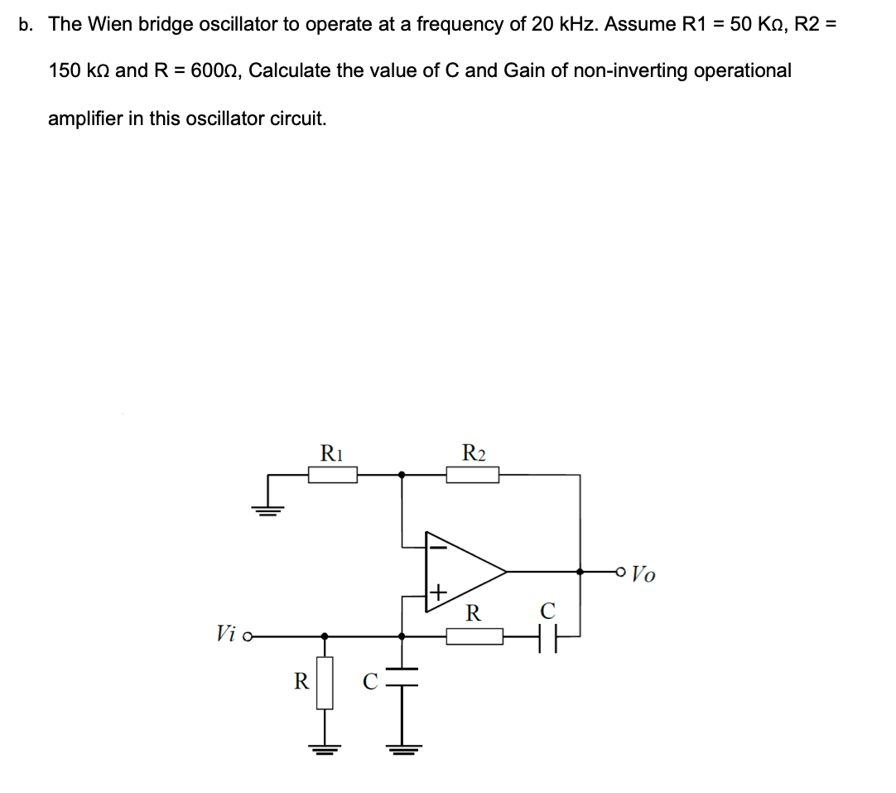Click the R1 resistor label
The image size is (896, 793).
pyautogui.click(x=332, y=453)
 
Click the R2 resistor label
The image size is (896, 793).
pyautogui.click(x=474, y=453)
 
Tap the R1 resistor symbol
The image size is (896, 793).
pyautogui.click(x=333, y=475)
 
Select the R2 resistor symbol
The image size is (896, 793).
pyautogui.click(x=472, y=475)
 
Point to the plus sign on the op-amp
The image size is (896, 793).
pyautogui.click(x=437, y=593)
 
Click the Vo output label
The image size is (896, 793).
pyautogui.click(x=644, y=573)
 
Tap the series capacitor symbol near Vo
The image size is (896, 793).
pyautogui.click(x=547, y=636)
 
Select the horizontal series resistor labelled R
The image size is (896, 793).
pyautogui.click(x=474, y=636)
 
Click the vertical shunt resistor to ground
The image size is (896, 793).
pyautogui.click(x=325, y=683)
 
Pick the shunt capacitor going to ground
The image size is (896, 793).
pyautogui.click(x=402, y=679)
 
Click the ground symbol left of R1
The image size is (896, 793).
pyautogui.click(x=267, y=508)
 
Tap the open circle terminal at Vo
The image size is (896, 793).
pyautogui.click(x=621, y=571)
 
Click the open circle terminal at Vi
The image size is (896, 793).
pyautogui.click(x=248, y=636)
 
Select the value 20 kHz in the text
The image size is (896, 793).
pyautogui.click(x=554, y=24)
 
